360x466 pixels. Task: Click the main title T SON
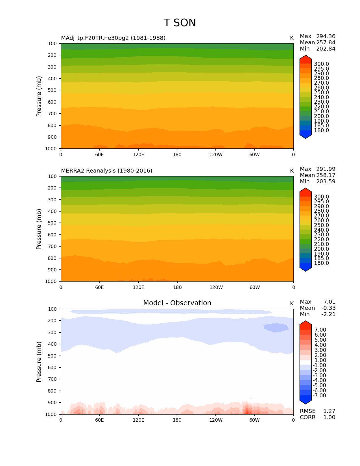click(180, 23)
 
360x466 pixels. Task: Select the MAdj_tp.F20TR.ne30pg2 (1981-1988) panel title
click(113, 38)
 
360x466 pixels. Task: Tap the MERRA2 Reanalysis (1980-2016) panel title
click(106, 171)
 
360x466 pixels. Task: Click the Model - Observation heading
click(177, 303)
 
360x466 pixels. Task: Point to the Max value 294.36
click(326, 36)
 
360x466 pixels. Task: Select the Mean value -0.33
click(328, 308)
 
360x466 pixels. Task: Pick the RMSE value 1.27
click(329, 411)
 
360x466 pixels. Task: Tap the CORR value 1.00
click(329, 417)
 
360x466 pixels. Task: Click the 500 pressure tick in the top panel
click(53, 90)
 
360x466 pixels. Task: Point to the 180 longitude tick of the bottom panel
click(177, 420)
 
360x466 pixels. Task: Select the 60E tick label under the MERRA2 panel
click(99, 288)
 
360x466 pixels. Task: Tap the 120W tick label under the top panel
click(216, 155)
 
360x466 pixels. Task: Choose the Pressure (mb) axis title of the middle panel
click(39, 229)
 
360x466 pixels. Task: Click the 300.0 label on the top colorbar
click(321, 64)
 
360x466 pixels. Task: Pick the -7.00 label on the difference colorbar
click(319, 396)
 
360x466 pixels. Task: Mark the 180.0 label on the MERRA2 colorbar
click(321, 263)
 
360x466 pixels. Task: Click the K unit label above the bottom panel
click(292, 304)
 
